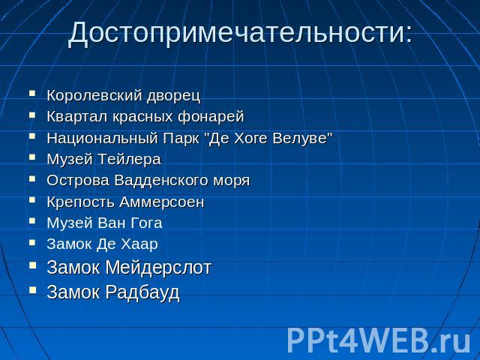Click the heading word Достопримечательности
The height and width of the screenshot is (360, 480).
tap(236, 32)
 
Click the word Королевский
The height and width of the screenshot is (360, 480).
tap(95, 95)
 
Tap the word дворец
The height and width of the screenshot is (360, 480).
tap(173, 96)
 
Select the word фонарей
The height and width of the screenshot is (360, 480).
tap(211, 117)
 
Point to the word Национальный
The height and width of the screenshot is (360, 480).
tap(103, 138)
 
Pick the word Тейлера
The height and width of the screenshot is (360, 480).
tap(130, 159)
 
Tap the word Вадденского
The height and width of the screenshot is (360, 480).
tap(162, 180)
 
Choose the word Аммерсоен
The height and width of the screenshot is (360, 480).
tap(162, 202)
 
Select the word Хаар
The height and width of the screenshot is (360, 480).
tap(139, 244)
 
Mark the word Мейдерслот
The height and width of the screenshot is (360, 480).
tap(158, 267)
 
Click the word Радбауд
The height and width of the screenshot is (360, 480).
tap(142, 292)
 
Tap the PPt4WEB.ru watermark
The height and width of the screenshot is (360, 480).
tap(378, 340)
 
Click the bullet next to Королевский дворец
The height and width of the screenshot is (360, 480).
tap(32, 93)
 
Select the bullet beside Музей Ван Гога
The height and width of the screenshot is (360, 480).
tap(32, 221)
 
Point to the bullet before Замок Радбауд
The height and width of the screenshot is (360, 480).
tap(32, 289)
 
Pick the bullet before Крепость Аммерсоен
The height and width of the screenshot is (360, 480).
tap(32, 200)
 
